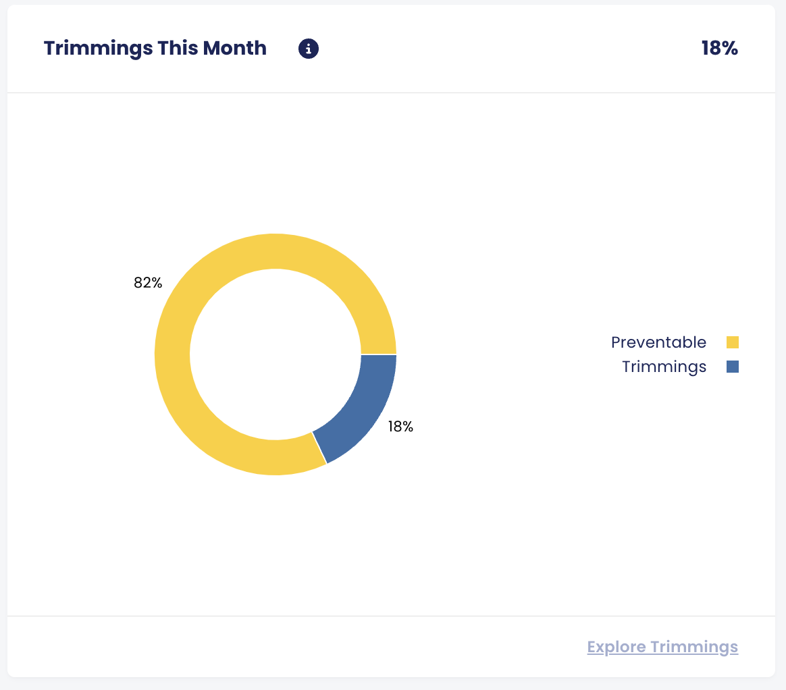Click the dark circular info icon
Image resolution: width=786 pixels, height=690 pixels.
309,49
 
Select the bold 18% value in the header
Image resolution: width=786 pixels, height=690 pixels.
719,49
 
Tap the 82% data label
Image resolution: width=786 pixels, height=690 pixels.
148,284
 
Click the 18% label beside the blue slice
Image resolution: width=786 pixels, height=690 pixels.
400,427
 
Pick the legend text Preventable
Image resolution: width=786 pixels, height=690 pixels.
658,342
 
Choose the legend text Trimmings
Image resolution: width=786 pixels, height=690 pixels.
664,367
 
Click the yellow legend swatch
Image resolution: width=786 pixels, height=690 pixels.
733,342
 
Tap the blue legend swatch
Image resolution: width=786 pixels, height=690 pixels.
733,367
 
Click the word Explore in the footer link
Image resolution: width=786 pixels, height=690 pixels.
615,647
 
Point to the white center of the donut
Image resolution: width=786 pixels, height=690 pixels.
276,354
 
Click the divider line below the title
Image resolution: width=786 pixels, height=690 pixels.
392,92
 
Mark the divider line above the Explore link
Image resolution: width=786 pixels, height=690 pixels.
392,616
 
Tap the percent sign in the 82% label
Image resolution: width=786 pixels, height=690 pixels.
157,284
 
